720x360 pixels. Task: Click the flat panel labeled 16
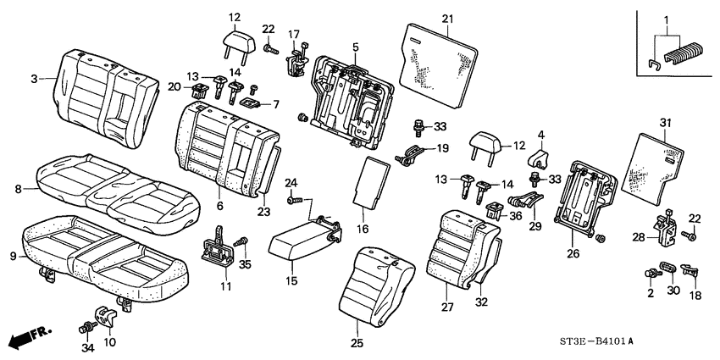[369, 181]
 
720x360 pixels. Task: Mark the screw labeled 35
[241, 243]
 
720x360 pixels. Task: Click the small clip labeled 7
[252, 103]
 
